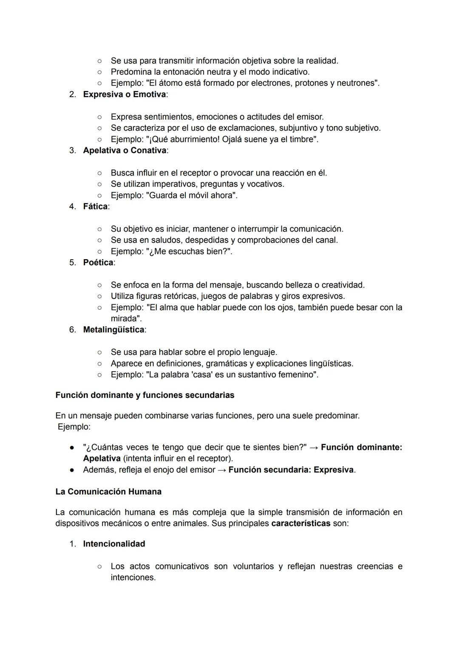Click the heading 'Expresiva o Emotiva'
coord(125,94)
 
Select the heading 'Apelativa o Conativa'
coord(125,150)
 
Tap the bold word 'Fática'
coord(95,206)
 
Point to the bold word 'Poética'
coord(98,263)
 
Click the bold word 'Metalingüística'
coord(113,330)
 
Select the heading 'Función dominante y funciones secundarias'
coord(144,395)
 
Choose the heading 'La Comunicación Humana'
coord(108,492)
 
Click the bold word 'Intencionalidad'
coord(114,544)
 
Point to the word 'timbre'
coord(301,139)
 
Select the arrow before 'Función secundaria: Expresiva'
coord(221,470)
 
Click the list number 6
coord(72,330)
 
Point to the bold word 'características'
coord(300,523)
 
